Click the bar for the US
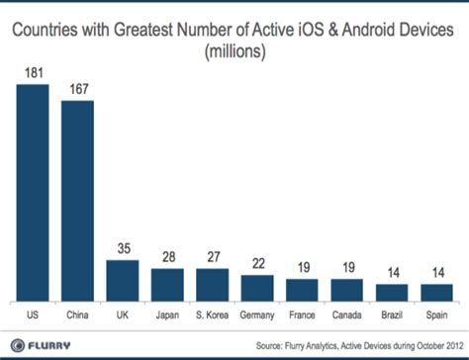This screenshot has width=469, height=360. (33, 192)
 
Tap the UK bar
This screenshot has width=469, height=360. (123, 280)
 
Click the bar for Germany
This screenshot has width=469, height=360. (257, 288)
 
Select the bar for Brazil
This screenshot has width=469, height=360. (391, 292)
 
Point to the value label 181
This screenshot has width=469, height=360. (33, 72)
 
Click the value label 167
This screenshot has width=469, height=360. (78, 89)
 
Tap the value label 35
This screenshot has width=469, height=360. (123, 249)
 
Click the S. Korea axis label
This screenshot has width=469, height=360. (212, 315)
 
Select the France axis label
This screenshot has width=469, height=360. (302, 315)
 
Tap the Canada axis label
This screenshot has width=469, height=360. (346, 315)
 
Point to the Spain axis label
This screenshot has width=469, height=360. (435, 315)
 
